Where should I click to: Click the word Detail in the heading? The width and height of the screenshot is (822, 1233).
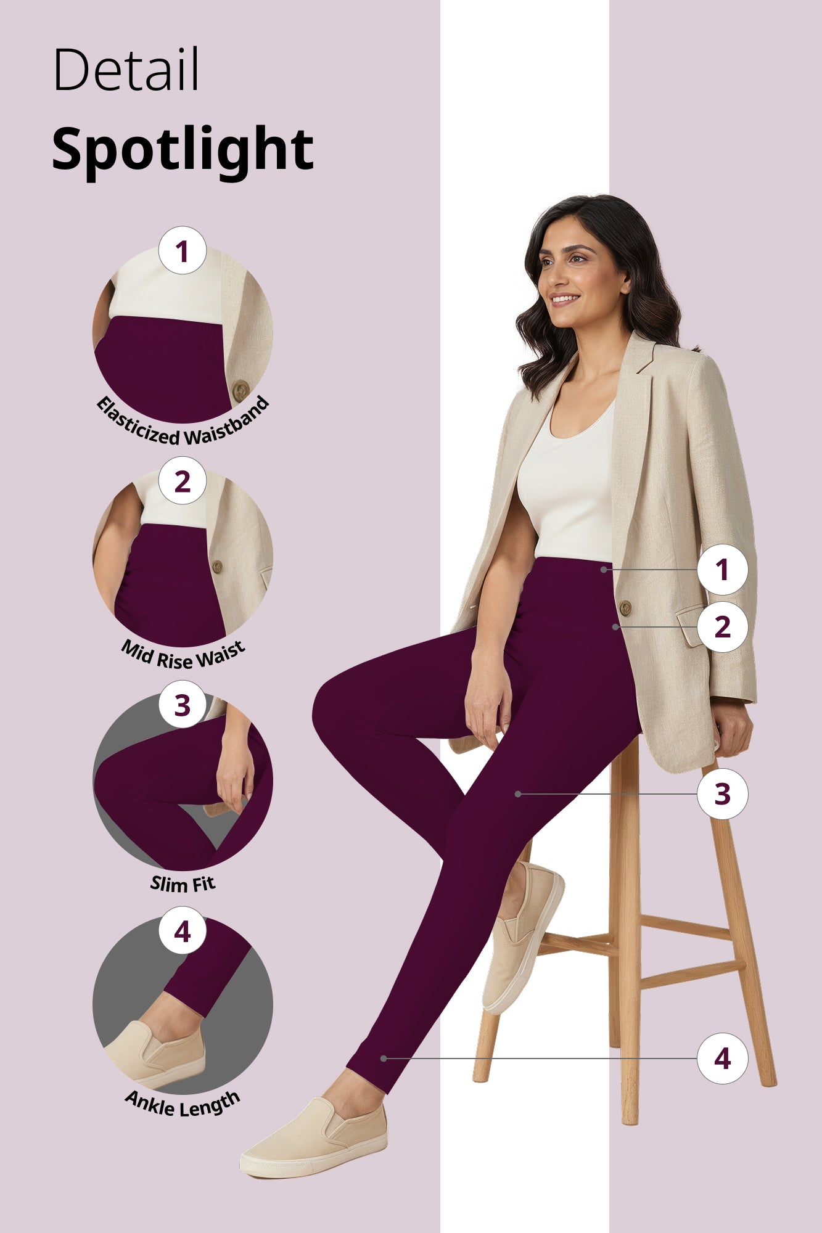[x=126, y=69]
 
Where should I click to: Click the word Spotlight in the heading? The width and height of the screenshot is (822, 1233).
[x=183, y=149]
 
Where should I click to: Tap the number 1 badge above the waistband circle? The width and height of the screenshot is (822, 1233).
[x=182, y=251]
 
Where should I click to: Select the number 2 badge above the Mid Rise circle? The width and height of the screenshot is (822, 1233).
[x=182, y=481]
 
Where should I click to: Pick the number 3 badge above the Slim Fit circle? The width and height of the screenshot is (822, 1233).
[x=182, y=705]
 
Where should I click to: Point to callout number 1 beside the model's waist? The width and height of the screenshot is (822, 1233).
[x=722, y=570]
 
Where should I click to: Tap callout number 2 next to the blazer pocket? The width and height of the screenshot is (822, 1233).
[x=722, y=627]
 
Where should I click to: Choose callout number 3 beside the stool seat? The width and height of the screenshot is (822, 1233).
[x=722, y=794]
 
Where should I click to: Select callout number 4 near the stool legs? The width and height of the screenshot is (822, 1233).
[x=722, y=1059]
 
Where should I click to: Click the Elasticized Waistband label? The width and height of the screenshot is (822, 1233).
[x=183, y=425]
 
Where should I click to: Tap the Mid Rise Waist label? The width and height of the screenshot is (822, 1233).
[x=183, y=655]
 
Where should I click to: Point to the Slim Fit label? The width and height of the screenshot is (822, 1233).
[x=183, y=883]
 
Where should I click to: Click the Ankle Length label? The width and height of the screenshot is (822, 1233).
[x=183, y=1105]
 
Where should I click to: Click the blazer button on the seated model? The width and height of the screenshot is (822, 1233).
[x=625, y=608]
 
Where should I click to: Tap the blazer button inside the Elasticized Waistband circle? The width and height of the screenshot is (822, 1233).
[x=240, y=390]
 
